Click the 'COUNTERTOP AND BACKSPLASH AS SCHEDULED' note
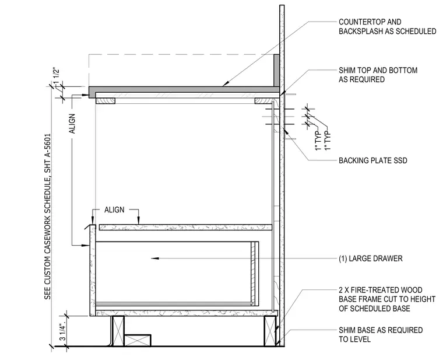click(388, 27)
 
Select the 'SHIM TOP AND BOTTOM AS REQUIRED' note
click(378, 75)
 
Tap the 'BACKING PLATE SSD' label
click(373, 160)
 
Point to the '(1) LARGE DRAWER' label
click(370, 258)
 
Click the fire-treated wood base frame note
click(387, 299)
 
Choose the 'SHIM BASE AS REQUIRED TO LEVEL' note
click(381, 334)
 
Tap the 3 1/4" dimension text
click(63, 331)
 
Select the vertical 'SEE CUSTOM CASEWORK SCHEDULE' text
click(47, 216)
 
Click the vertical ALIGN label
click(72, 124)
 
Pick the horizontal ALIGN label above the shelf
click(114, 210)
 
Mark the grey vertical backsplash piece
click(277, 71)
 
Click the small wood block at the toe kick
click(138, 341)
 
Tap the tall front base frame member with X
click(118, 331)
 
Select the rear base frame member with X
click(270, 331)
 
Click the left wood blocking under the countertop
click(106, 101)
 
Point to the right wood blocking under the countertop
click(264, 101)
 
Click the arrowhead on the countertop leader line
click(226, 83)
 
